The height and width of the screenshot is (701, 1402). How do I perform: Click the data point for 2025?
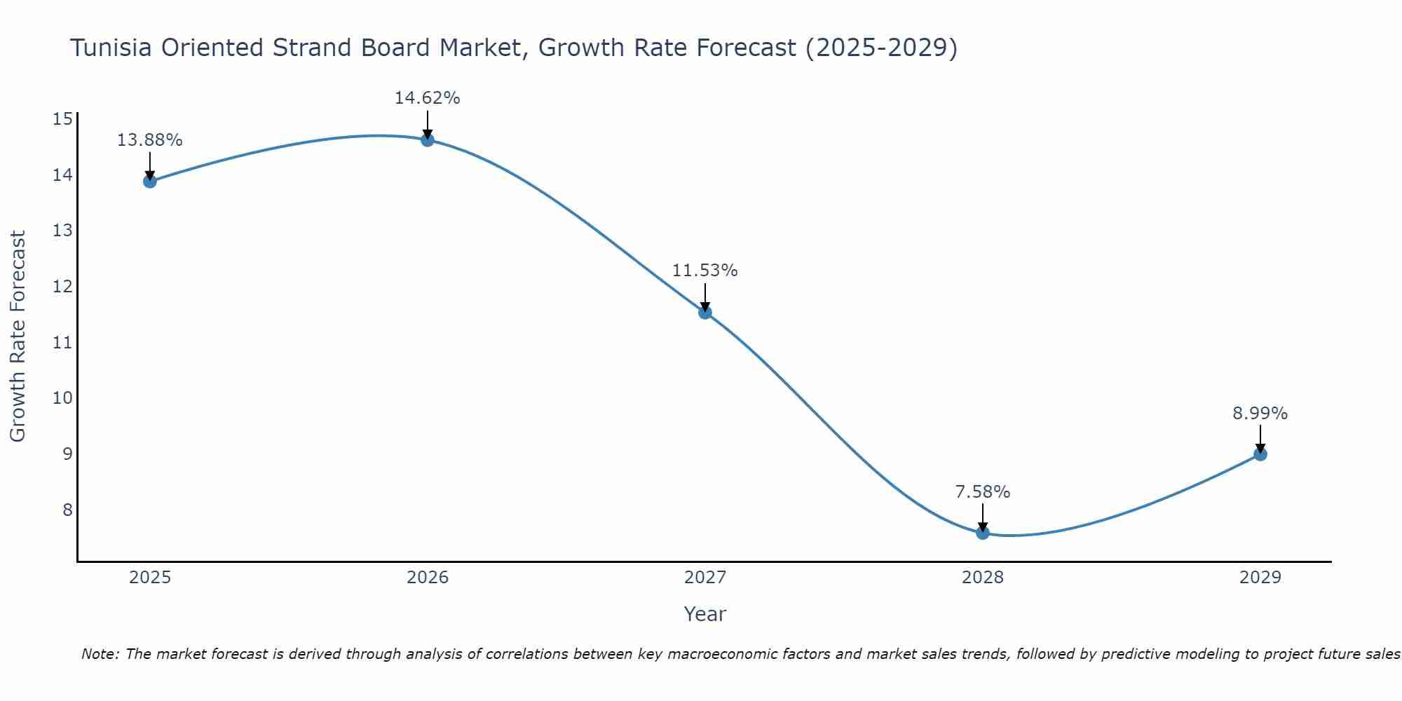point(149,182)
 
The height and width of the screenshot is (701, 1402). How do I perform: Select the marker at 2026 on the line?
point(428,140)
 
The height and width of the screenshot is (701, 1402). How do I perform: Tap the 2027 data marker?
point(705,313)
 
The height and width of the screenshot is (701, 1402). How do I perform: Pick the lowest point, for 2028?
point(983,533)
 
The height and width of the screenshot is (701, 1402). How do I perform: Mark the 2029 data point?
point(1260,454)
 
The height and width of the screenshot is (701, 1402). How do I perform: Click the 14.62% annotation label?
point(428,98)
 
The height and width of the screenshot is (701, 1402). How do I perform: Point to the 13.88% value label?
point(149,140)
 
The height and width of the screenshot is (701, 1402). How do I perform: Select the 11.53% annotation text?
point(705,271)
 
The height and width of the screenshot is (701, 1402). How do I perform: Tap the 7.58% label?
point(983,492)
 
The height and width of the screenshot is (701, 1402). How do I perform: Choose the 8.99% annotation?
point(1260,414)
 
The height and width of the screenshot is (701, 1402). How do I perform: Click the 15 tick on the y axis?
point(62,119)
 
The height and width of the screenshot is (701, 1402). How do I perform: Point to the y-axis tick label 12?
point(62,286)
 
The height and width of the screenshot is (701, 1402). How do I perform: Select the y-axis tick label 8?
point(67,510)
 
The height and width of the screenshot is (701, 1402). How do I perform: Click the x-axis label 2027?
point(705,578)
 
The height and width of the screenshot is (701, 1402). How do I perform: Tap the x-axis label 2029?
point(1260,578)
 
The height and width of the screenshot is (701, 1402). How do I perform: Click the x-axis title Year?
point(705,614)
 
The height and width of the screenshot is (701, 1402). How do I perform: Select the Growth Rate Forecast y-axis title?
point(18,336)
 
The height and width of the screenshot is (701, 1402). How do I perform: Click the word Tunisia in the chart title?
point(111,48)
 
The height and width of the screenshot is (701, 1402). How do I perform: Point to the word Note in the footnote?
point(100,654)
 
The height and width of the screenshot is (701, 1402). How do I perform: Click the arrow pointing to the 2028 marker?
point(983,517)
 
